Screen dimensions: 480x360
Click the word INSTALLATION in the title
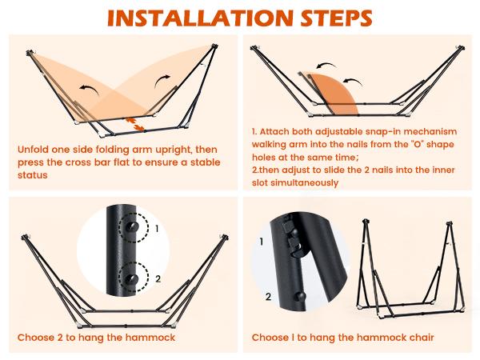click(x=201, y=18)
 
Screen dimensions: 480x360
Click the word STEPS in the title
click(x=336, y=18)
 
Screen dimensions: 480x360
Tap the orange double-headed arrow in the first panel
click(x=134, y=124)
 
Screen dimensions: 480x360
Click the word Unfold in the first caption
click(x=33, y=150)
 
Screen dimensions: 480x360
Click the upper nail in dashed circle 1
click(x=132, y=227)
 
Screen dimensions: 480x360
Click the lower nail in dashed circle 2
click(x=132, y=278)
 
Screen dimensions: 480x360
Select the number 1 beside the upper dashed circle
click(x=157, y=228)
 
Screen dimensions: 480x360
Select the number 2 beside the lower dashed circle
click(x=158, y=279)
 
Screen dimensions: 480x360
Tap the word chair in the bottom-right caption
click(x=422, y=338)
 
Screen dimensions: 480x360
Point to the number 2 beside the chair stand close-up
click(x=269, y=297)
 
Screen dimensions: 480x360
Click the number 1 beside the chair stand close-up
click(x=261, y=242)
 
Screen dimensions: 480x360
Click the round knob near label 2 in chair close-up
click(x=300, y=296)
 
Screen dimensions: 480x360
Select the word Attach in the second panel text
click(x=274, y=131)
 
